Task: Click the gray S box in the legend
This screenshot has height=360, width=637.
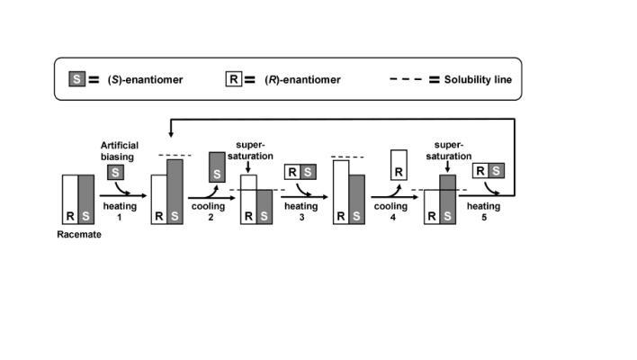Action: pyautogui.click(x=76, y=79)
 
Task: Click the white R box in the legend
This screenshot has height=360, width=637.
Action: pyautogui.click(x=234, y=79)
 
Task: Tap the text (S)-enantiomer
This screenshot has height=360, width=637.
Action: pyautogui.click(x=145, y=79)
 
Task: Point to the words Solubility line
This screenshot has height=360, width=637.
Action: pyautogui.click(x=478, y=79)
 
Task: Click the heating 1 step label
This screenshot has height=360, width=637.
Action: pyautogui.click(x=119, y=211)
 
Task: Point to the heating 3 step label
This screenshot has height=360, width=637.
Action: pyautogui.click(x=301, y=211)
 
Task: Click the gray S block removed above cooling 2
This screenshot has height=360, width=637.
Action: pyautogui.click(x=217, y=167)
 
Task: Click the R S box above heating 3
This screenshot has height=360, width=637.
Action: pyautogui.click(x=301, y=172)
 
